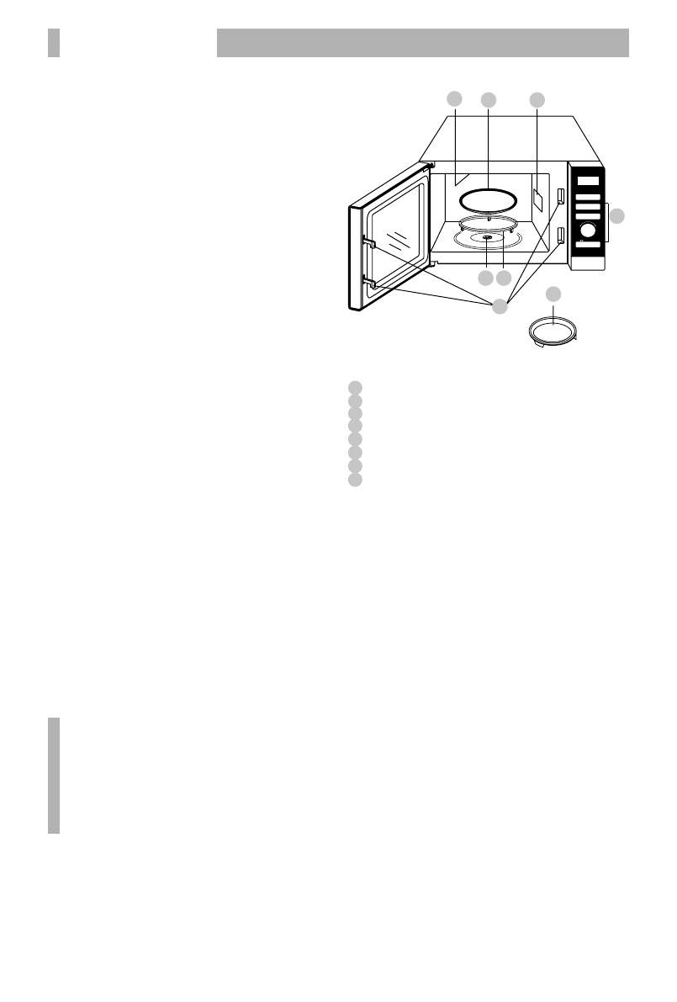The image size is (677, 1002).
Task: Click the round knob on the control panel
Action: (588, 229)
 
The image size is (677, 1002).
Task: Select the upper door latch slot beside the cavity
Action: (558, 197)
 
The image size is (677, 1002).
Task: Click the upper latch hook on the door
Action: (368, 243)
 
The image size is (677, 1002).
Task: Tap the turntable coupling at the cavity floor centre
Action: (487, 239)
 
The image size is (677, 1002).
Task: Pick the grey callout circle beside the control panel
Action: (618, 216)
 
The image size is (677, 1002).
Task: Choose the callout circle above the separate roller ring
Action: (553, 294)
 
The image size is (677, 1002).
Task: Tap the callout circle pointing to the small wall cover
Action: (537, 99)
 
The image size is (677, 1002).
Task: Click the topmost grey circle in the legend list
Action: (355, 387)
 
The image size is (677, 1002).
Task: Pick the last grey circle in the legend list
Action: (355, 479)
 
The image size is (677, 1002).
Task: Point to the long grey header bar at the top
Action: (423, 43)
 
